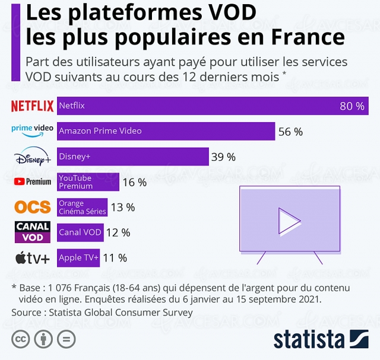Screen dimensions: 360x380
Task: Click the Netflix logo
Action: pos(32,106)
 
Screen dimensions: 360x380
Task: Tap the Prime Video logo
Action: pos(32,129)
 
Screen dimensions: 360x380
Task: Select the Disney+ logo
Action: pos(33,158)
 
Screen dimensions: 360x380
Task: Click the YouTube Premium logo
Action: pos(32,181)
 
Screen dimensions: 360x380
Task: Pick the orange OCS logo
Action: pos(32,207)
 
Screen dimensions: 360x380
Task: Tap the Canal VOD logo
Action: pos(32,232)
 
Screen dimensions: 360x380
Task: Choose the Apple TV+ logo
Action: pos(32,258)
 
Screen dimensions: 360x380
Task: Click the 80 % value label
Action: pos(351,106)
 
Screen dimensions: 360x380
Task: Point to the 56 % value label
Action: pos(290,132)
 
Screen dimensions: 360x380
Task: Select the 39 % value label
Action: pos(223,157)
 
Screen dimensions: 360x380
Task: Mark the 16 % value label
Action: pos(134,183)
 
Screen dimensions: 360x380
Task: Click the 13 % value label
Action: pos(122,208)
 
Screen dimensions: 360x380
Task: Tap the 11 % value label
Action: pos(115,258)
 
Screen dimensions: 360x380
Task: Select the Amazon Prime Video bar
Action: pos(166,131)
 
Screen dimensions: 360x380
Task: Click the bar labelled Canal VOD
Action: pos(80,232)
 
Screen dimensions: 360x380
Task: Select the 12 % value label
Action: pos(118,233)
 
